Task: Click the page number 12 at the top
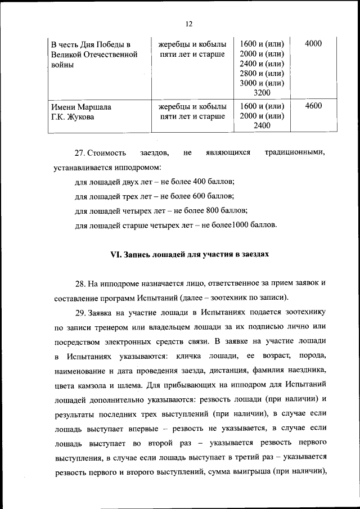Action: tap(188, 24)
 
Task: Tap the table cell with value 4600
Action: tap(313, 106)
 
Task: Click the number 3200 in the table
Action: tap(262, 92)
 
